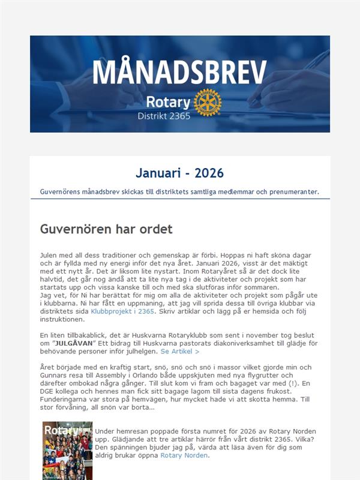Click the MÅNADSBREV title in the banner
pos(179,73)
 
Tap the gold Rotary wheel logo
pos(208,102)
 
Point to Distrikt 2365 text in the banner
pos(164,116)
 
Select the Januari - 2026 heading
pos(179,173)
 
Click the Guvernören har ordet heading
pos(106,229)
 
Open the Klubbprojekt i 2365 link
pos(123,311)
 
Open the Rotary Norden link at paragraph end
pos(184,455)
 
